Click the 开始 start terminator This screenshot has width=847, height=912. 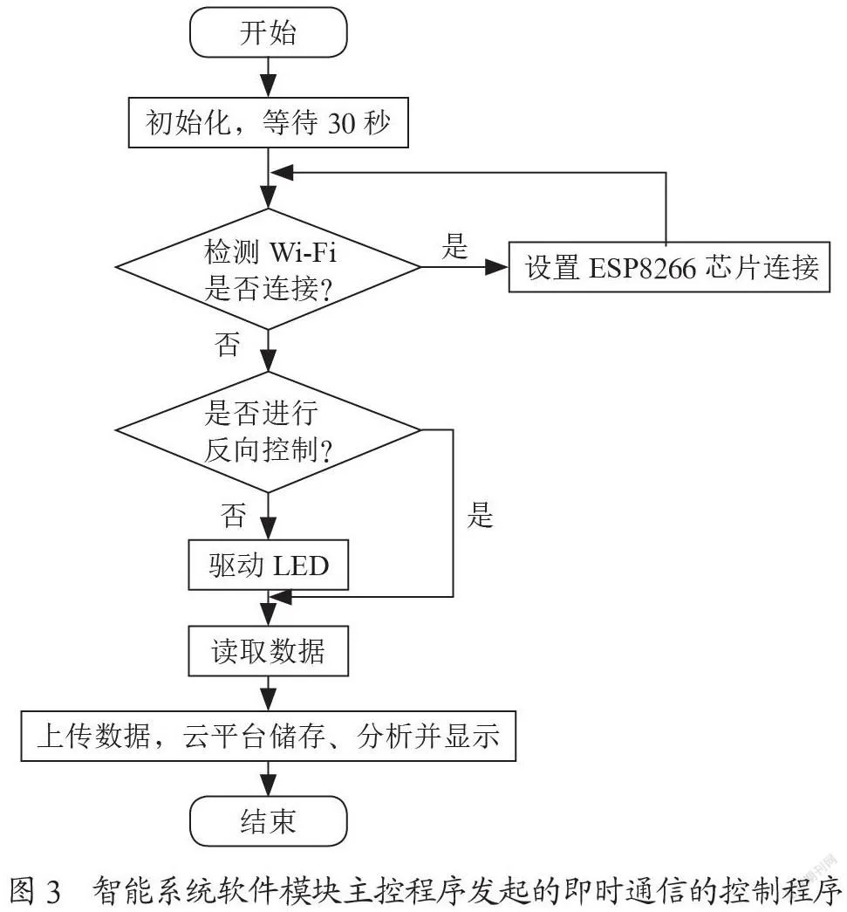[268, 32]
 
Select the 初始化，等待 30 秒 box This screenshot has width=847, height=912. [268, 123]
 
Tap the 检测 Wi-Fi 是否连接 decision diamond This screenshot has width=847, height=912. [268, 269]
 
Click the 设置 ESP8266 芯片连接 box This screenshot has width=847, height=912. [669, 267]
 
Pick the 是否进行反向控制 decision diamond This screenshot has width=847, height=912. [268, 431]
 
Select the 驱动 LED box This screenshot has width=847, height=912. [268, 565]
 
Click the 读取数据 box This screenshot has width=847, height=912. [268, 651]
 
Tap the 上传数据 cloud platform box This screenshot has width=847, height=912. [268, 736]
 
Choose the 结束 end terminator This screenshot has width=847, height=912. [268, 821]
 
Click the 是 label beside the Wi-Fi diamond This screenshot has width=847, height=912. [454, 246]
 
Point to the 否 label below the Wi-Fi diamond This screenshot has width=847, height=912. [228, 344]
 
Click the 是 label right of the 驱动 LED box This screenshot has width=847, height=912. [480, 515]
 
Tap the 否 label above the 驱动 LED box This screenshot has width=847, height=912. [233, 515]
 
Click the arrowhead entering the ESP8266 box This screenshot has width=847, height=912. [496, 267]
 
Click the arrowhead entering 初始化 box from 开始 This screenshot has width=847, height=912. [268, 86]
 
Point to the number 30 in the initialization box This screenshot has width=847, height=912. [342, 123]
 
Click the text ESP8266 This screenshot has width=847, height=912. [642, 268]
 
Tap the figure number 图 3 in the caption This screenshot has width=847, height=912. [35, 890]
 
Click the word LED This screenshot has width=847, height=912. [301, 566]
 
